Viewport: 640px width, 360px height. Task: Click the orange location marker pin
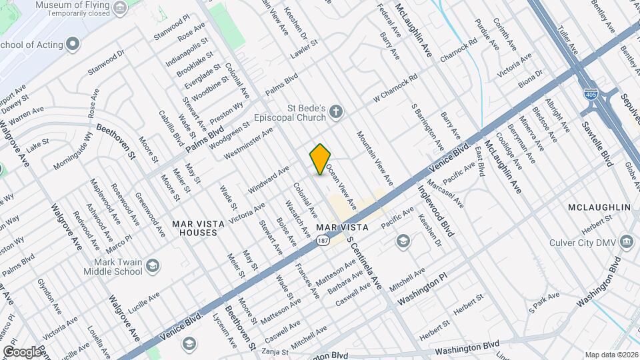click(321, 159)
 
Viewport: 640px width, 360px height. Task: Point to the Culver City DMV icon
click(626, 241)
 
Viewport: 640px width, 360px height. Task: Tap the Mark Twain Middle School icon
click(153, 267)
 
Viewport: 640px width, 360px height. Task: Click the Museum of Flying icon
click(121, 8)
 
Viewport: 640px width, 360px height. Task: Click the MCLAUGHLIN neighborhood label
click(598, 208)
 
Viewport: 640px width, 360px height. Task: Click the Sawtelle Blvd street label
click(597, 143)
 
